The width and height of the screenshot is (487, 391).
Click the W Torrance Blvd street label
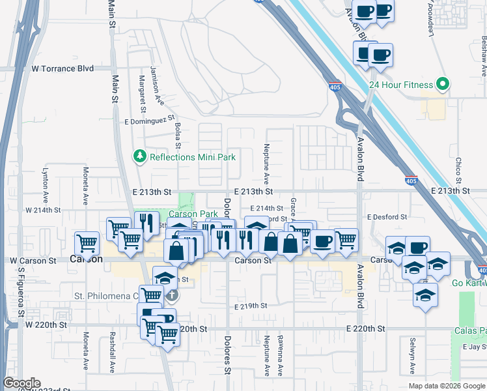tap(63, 68)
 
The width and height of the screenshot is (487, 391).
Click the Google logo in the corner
tap(22, 383)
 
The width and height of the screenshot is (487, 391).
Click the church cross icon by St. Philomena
tap(171, 295)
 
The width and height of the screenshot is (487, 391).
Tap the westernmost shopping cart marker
tap(87, 244)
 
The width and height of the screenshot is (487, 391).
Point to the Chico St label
tap(458, 171)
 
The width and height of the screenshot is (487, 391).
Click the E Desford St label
tap(387, 217)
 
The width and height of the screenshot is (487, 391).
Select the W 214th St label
tap(42, 210)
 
